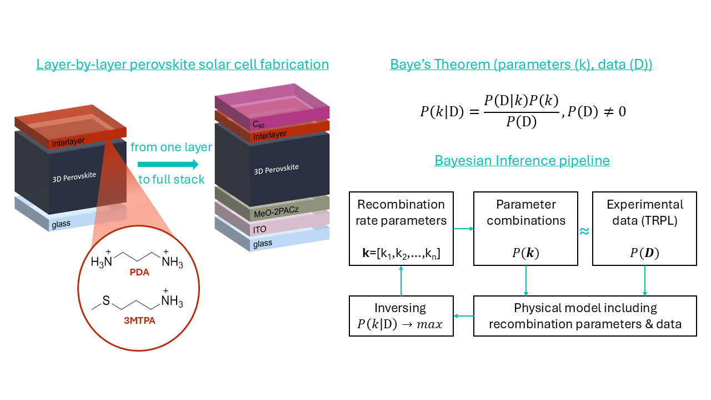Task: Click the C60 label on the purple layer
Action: tap(258, 124)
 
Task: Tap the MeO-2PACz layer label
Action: tap(276, 211)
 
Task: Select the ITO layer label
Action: tap(259, 229)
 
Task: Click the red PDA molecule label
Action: tap(139, 272)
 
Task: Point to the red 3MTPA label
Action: tap(139, 320)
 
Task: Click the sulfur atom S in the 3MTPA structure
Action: tap(106, 300)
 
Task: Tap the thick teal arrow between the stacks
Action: tap(168, 164)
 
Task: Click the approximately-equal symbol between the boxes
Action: tap(584, 231)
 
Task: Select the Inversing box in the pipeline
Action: tap(401, 316)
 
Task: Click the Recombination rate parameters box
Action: tap(401, 229)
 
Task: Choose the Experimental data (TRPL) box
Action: tap(645, 229)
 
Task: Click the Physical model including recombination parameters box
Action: tap(585, 316)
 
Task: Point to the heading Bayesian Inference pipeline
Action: tap(522, 161)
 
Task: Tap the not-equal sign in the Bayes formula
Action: tap(608, 112)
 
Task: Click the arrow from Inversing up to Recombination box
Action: tap(401, 281)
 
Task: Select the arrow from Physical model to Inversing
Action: tap(463, 316)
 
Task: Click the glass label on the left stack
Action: tap(61, 224)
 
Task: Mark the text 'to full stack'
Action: tap(172, 180)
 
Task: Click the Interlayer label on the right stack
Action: tap(270, 135)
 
